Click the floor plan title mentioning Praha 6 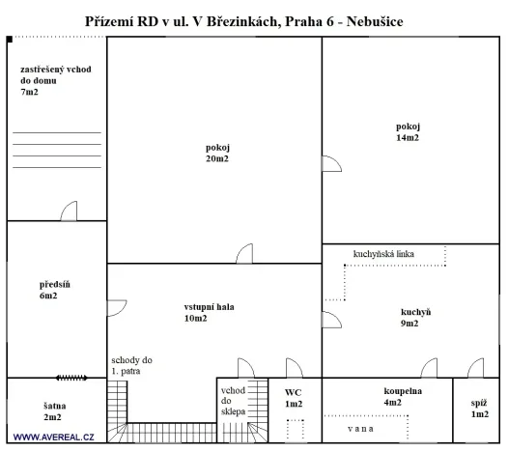254,20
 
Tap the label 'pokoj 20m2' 217,153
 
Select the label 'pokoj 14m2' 408,132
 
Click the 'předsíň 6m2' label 49,290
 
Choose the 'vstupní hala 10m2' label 209,313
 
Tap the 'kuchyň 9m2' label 414,318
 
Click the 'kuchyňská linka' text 383,254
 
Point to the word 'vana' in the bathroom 363,427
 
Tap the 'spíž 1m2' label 479,408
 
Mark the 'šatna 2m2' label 52,411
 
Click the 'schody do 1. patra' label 131,365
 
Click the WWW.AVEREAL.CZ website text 53,438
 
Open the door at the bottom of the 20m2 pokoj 244,254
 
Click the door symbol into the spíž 475,368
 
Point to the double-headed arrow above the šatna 72,378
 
